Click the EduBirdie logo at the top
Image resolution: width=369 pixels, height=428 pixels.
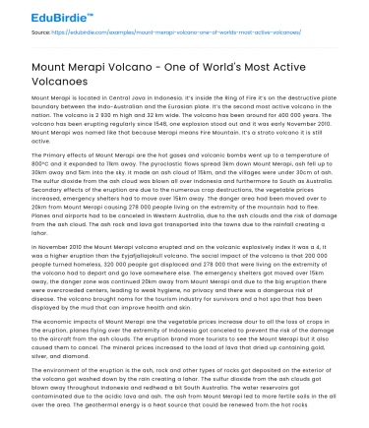tap(42, 14)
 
